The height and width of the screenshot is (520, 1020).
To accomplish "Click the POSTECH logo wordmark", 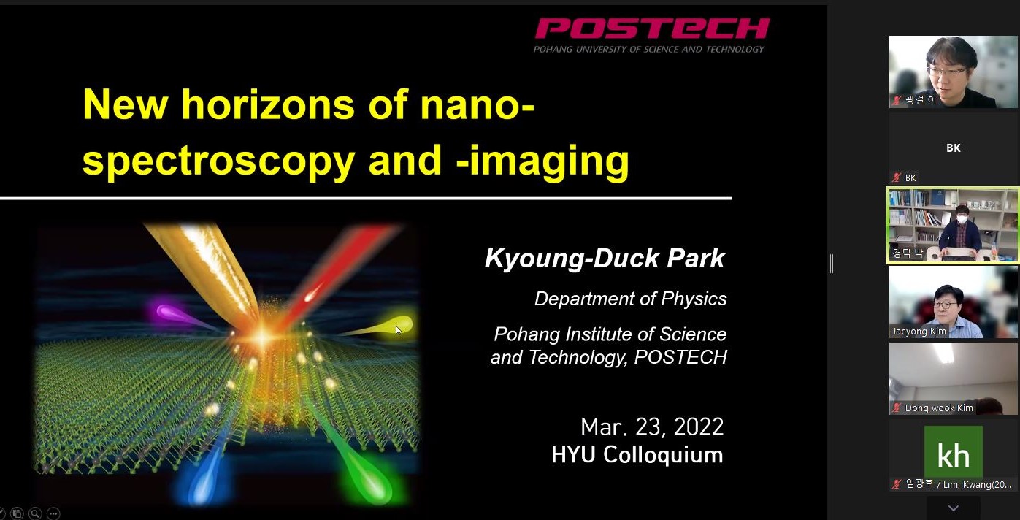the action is [x=652, y=28].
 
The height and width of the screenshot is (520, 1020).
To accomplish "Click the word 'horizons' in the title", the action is [x=268, y=104].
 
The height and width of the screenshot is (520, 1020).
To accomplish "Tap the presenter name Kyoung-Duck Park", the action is [x=605, y=259].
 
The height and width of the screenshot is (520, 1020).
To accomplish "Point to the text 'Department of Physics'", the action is [x=631, y=299].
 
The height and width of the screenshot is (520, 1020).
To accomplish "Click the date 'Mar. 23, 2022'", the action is [x=652, y=427].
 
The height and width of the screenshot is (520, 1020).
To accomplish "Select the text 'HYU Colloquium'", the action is [x=637, y=455].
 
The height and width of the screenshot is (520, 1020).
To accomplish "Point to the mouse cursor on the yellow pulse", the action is [x=399, y=330].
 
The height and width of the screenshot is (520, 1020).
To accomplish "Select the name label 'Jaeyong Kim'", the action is [x=919, y=332].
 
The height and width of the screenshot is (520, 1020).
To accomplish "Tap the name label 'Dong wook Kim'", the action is [x=939, y=408].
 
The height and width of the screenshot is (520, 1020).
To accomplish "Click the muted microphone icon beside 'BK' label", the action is [x=897, y=177].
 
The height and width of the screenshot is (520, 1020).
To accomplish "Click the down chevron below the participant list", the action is [x=954, y=508].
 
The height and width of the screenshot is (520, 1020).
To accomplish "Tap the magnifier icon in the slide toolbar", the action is [x=35, y=513].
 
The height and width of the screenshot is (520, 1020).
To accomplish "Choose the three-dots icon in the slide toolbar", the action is [x=53, y=513].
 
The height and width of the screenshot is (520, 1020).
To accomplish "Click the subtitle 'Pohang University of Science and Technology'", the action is [x=649, y=49].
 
